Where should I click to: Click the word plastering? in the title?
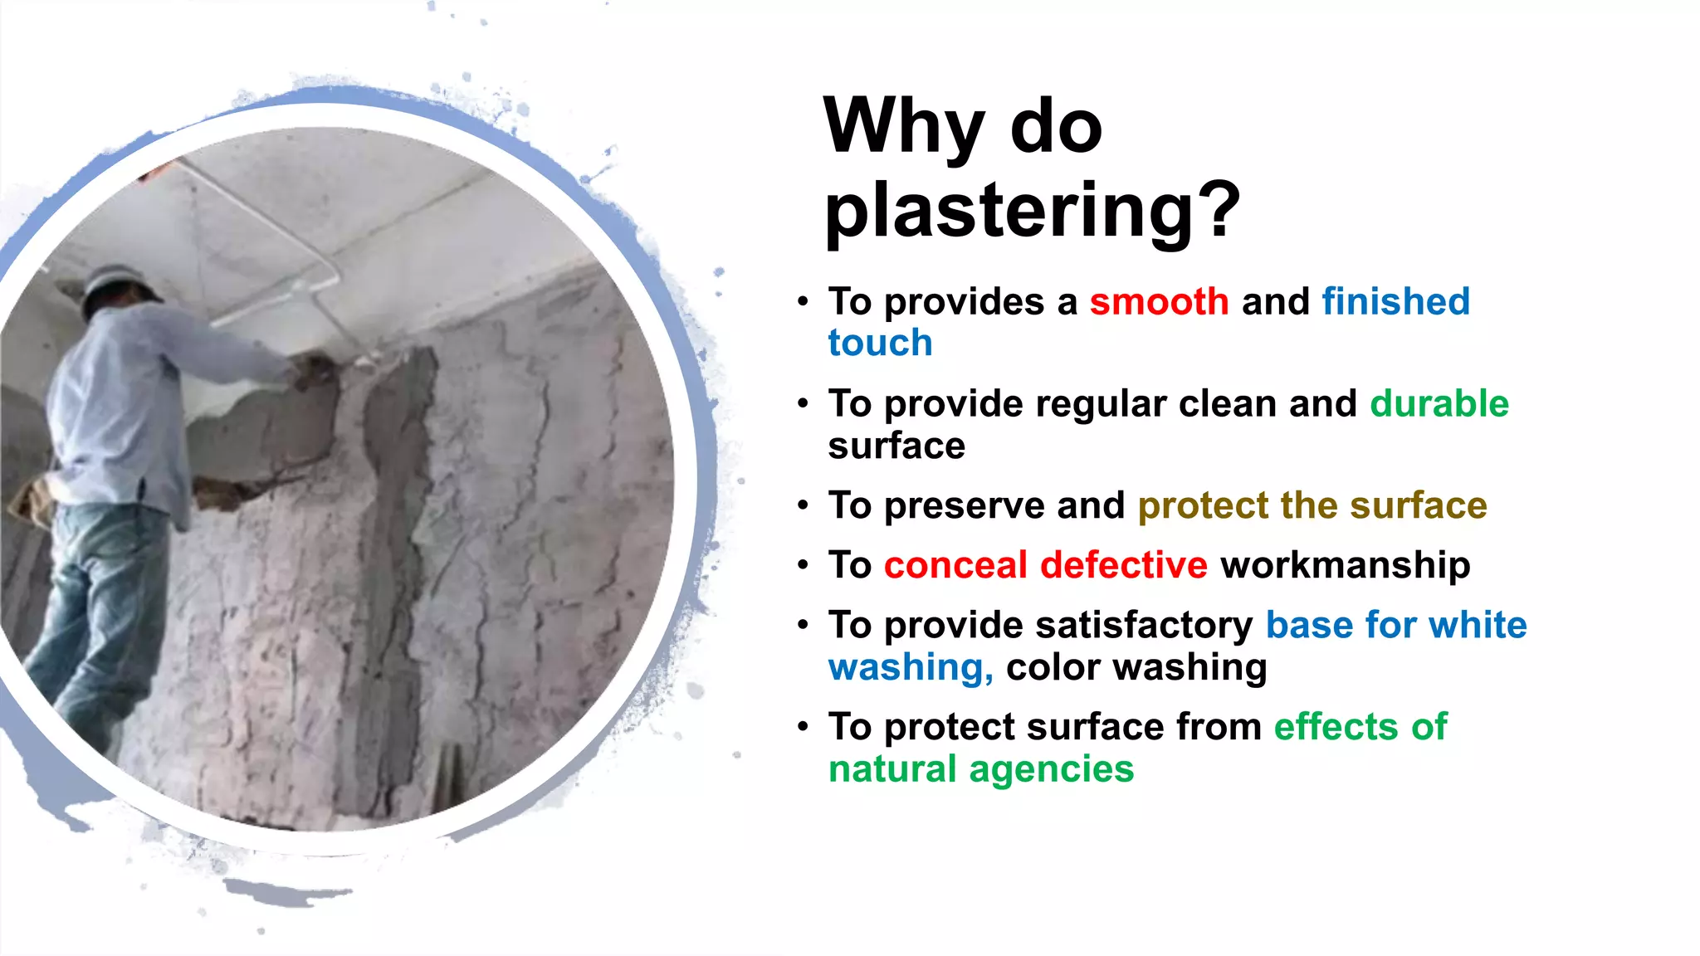1031,211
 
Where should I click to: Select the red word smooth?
1159,301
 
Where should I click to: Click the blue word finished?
1395,301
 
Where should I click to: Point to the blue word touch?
880,344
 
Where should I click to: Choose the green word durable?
1439,404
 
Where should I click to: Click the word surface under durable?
896,446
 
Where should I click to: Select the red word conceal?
955,566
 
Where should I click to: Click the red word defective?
1123,566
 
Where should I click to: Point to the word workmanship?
1345,566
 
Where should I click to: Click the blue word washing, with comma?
911,668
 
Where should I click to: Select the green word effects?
1336,727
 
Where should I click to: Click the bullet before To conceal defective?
803,566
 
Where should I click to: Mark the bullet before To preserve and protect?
803,506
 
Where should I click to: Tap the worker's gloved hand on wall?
314,369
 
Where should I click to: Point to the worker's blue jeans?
100,614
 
